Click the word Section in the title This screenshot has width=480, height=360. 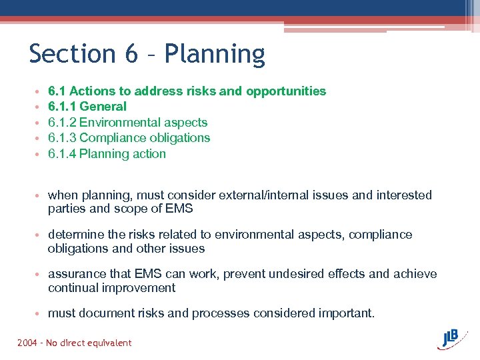(x=72, y=53)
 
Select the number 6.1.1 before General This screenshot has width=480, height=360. (x=62, y=107)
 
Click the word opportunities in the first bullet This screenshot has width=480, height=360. (x=286, y=91)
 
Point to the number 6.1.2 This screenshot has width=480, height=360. (x=62, y=123)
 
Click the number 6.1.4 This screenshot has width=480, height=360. (x=62, y=154)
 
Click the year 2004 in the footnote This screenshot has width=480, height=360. (x=28, y=343)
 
